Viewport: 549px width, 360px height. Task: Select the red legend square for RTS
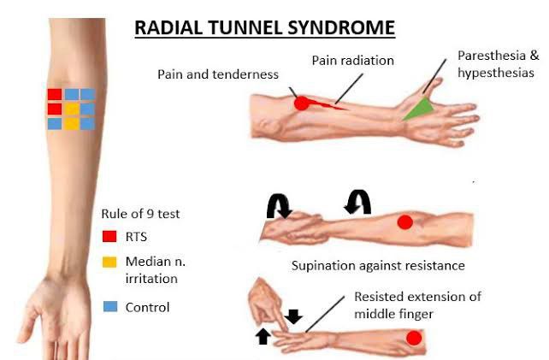109,237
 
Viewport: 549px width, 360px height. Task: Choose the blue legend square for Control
109,306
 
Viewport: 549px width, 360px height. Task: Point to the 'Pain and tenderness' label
217,74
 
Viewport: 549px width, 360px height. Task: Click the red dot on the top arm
301,103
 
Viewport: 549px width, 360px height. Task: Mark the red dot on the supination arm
405,222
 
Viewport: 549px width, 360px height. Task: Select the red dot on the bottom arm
414,338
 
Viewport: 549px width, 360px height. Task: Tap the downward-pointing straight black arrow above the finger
293,316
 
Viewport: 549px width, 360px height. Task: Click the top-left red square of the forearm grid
55,94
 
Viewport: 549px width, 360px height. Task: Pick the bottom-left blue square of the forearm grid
55,124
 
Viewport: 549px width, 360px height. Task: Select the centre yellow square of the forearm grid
72,109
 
